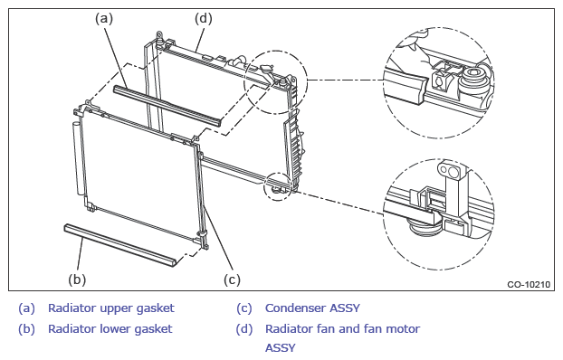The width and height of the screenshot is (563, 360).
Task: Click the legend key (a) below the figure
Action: [x=26, y=308]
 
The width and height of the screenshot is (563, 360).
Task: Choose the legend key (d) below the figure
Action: [x=243, y=328]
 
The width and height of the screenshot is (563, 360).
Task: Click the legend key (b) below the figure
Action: [x=26, y=328]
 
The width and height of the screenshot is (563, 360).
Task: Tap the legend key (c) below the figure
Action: [x=243, y=308]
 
